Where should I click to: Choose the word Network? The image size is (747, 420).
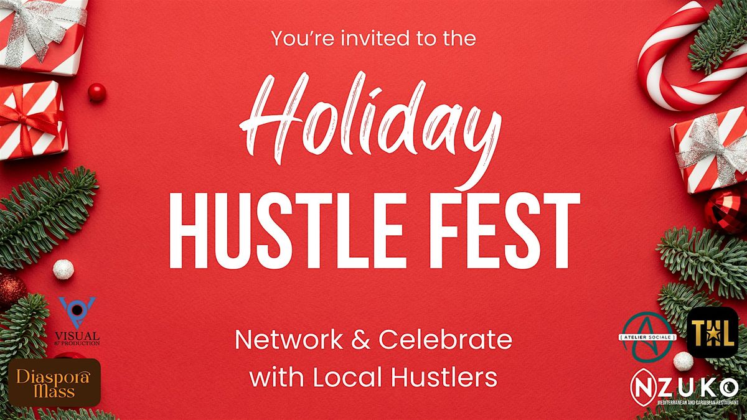[286, 341]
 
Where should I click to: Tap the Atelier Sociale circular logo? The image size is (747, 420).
[648, 337]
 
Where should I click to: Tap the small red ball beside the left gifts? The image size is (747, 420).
[96, 92]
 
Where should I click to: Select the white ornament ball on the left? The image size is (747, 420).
[63, 269]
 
